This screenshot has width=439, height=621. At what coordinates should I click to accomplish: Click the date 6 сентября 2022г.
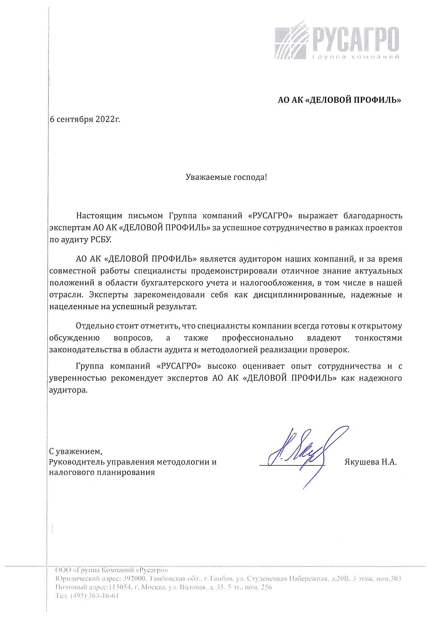click(85, 119)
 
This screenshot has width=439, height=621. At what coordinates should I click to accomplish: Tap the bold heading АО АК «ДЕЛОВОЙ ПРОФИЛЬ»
click(339, 100)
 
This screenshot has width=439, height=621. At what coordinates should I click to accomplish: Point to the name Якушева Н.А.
click(370, 462)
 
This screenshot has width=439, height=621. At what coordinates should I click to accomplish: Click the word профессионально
click(258, 338)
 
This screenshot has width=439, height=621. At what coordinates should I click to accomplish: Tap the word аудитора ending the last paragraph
click(68, 390)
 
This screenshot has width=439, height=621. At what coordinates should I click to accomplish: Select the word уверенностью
click(76, 378)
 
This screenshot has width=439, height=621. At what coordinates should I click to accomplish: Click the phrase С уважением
click(75, 451)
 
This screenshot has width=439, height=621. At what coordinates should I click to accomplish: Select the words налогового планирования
click(102, 472)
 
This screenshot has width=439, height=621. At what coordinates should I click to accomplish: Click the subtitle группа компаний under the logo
click(356, 57)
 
